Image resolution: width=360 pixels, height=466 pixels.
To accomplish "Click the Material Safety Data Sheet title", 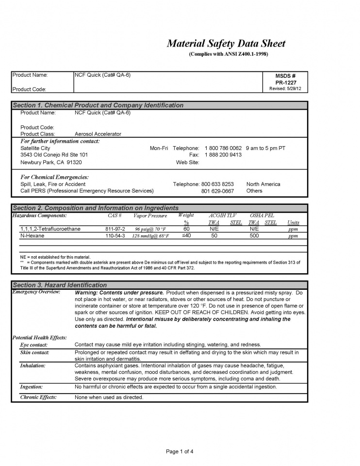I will pos(226,44).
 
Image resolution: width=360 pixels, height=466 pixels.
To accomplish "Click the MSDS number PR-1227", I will pos(285,83).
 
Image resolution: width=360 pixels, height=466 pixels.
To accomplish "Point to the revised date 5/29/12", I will pos(285,89).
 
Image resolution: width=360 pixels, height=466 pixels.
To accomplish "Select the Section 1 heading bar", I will pos(159,105).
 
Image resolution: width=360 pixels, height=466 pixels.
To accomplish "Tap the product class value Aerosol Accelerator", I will pos(98,133).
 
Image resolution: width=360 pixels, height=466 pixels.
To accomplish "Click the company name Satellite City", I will pos(35,148).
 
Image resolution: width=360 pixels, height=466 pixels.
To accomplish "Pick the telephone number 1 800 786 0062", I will pos(223,148).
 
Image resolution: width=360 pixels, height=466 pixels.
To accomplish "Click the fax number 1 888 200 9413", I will pos(223,155).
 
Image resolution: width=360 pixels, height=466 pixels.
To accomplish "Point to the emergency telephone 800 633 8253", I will pos(217,184).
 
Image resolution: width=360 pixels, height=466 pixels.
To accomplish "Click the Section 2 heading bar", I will pos(159,208).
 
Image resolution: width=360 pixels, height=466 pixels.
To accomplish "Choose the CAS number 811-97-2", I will pos(115,229).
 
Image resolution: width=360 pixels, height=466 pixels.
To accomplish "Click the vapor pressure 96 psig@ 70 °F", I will pos(150,229).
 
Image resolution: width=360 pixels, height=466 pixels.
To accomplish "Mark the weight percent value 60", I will pos(186,229).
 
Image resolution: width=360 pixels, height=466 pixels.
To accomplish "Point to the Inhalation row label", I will pos(33,366).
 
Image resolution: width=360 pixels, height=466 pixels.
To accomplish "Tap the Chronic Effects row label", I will pos(38,397).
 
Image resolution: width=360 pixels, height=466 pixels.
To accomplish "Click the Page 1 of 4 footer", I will pos(180,451).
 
